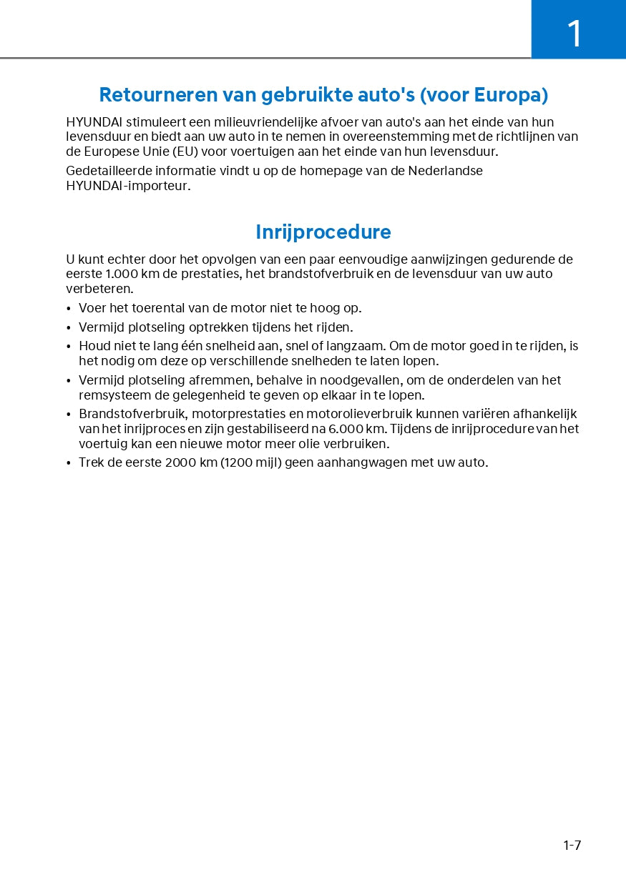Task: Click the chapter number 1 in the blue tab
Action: click(574, 34)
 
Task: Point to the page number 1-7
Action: click(572, 846)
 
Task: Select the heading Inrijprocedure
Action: click(323, 232)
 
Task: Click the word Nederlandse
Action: click(445, 171)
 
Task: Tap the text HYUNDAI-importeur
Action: click(128, 186)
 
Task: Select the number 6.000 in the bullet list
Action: click(346, 429)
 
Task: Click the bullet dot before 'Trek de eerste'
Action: click(69, 463)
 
